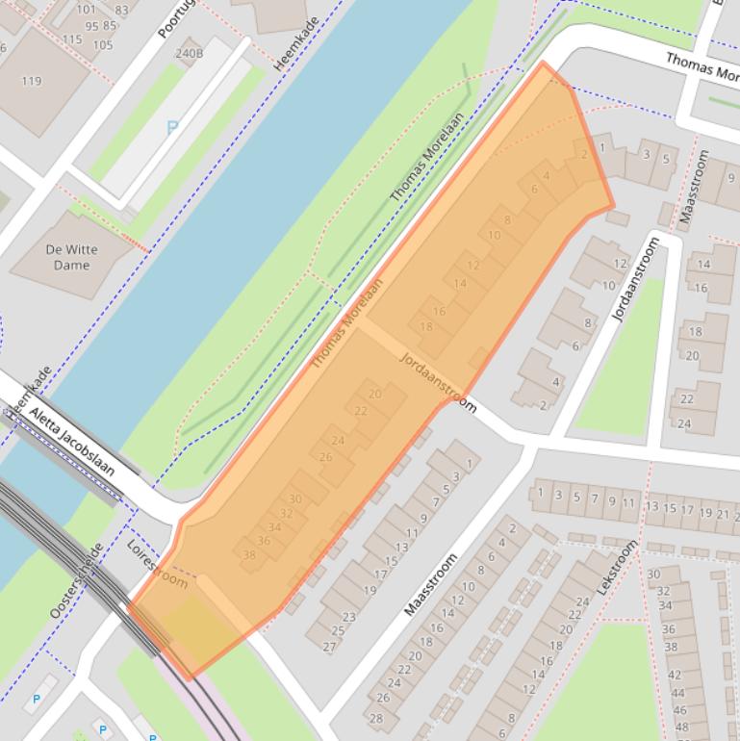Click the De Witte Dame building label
click(x=71, y=257)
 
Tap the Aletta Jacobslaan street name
click(x=72, y=442)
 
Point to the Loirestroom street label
click(x=157, y=564)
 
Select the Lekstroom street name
click(x=618, y=567)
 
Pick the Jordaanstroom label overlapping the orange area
click(x=438, y=381)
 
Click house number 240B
click(x=189, y=53)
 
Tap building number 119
click(x=32, y=81)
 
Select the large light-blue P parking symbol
click(x=172, y=126)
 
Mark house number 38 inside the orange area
click(x=249, y=555)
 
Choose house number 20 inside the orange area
click(x=374, y=394)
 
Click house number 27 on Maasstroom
click(x=329, y=646)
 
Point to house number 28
click(x=375, y=718)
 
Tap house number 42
click(x=675, y=675)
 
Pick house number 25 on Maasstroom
click(x=338, y=631)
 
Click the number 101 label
click(x=86, y=11)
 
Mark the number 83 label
click(x=122, y=11)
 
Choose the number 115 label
click(x=72, y=39)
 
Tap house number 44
click(x=677, y=692)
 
